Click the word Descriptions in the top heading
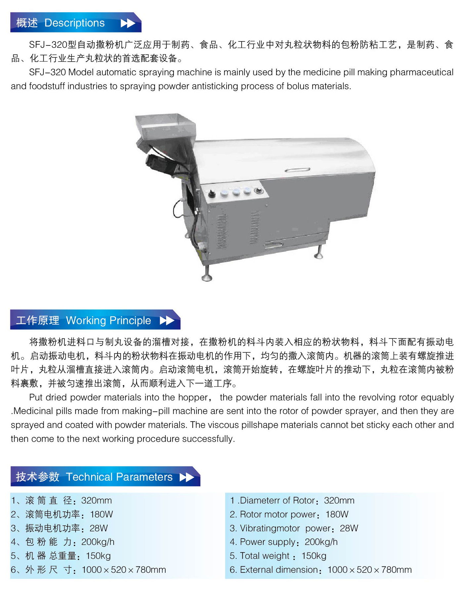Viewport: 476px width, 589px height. click(x=75, y=23)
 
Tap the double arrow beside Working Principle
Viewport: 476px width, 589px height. click(x=167, y=320)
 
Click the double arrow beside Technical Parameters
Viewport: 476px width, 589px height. click(x=187, y=477)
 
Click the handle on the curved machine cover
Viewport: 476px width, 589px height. click(x=297, y=170)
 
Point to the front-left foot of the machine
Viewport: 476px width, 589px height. click(x=207, y=274)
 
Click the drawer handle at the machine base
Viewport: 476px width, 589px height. click(x=273, y=245)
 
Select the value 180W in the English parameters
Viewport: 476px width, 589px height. click(x=337, y=514)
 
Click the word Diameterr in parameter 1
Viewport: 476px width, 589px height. click(x=260, y=501)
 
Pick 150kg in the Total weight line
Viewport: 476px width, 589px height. click(x=314, y=556)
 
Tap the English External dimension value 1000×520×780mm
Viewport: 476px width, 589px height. click(x=369, y=570)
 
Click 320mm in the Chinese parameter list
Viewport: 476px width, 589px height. click(x=96, y=501)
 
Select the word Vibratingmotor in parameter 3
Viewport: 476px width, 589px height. click(x=270, y=528)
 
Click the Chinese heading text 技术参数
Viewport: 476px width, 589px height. click(x=38, y=477)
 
